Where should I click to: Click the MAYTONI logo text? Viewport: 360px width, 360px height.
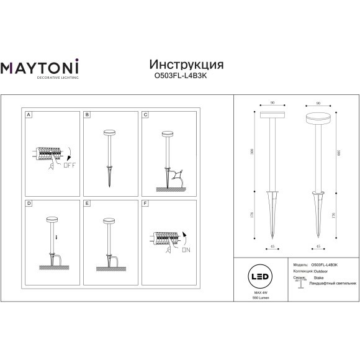(x=43, y=68)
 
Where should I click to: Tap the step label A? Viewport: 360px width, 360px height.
(x=29, y=115)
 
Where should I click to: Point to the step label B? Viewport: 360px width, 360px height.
(x=88, y=115)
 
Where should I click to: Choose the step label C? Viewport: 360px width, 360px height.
(x=145, y=115)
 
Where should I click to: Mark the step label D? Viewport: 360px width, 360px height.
(x=29, y=204)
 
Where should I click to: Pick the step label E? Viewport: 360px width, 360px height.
(x=88, y=204)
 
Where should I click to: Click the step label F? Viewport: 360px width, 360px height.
(x=145, y=204)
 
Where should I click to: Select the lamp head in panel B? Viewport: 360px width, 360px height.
(x=110, y=132)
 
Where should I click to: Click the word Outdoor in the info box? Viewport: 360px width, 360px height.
(x=320, y=269)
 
